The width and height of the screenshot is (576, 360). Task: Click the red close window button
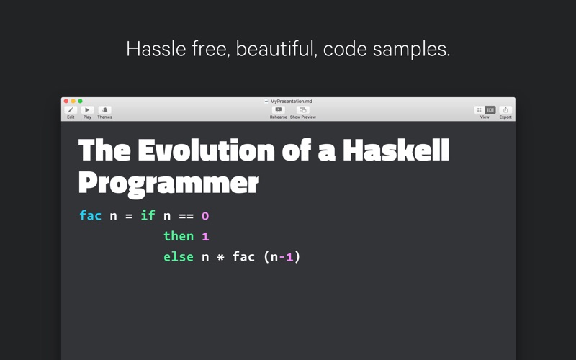66,101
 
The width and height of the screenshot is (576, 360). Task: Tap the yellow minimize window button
73,101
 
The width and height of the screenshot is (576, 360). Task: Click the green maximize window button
80,101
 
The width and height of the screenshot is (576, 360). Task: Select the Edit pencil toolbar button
71,110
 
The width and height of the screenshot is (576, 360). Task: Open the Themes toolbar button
104,110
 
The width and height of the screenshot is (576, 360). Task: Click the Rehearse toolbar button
279,110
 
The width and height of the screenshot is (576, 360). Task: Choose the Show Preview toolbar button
302,110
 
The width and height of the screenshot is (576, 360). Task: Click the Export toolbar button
505,110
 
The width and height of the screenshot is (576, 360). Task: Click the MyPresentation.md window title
291,101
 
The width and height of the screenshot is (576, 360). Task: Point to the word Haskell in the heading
395,150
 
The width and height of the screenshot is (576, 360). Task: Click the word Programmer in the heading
168,184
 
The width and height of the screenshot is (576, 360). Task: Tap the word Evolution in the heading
206,150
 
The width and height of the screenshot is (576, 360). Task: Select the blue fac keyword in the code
91,215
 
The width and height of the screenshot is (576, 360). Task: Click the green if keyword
148,215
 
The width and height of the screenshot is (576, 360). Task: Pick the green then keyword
179,236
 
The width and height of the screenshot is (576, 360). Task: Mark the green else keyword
179,256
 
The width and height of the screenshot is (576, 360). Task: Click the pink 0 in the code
205,215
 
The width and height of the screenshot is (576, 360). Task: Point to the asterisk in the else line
220,257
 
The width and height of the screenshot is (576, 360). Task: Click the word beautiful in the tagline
276,48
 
